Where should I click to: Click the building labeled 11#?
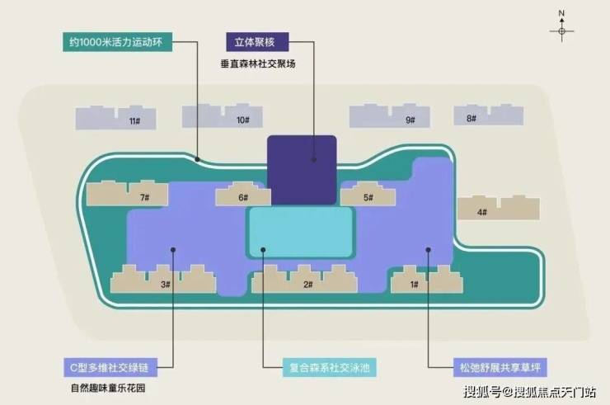pyautogui.click(x=116, y=118)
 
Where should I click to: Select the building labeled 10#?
pyautogui.click(x=222, y=116)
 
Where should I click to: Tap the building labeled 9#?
pyautogui.click(x=389, y=116)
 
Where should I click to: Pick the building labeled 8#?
pyautogui.click(x=489, y=115)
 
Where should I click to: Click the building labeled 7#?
pyautogui.click(x=127, y=193)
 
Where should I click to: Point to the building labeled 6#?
pyautogui.click(x=243, y=194)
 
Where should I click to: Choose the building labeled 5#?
pyautogui.click(x=368, y=194)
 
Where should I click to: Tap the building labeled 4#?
pyautogui.click(x=499, y=208)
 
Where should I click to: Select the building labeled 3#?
pyautogui.click(x=163, y=280)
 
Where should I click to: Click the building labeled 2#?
pyautogui.click(x=304, y=280)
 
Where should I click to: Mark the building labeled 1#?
pyautogui.click(x=427, y=280)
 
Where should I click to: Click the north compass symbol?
pyautogui.click(x=561, y=26)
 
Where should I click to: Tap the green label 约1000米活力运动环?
pyautogui.click(x=118, y=42)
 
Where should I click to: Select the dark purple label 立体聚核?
pyautogui.click(x=257, y=42)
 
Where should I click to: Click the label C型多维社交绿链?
pyautogui.click(x=111, y=367)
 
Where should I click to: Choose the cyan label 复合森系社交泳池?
pyautogui.click(x=330, y=367)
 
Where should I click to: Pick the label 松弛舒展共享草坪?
pyautogui.click(x=500, y=367)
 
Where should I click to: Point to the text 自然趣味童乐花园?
pyautogui.click(x=108, y=389)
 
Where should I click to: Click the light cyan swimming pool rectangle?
pyautogui.click(x=300, y=233)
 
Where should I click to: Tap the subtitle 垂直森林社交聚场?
pyautogui.click(x=258, y=64)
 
